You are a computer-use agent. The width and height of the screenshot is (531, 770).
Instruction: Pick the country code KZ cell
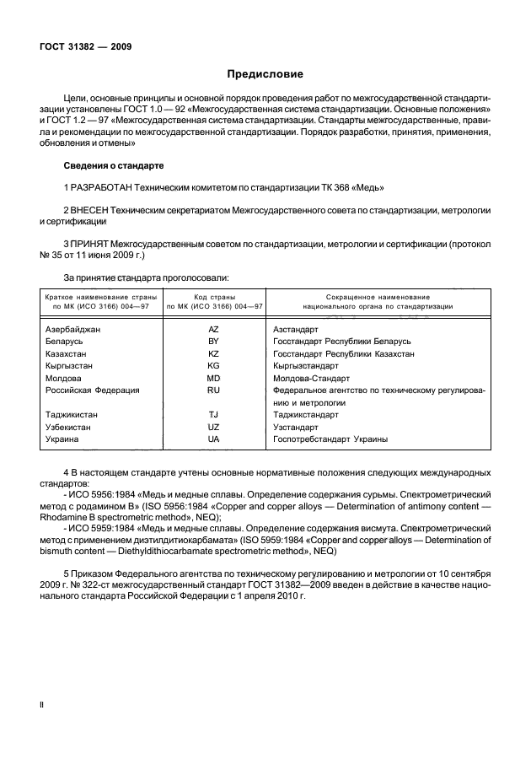(214, 354)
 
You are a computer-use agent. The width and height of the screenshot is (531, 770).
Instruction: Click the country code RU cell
(214, 390)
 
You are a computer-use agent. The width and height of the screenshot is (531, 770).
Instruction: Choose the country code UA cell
(214, 439)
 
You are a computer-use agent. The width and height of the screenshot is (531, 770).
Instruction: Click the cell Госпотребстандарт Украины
(330, 439)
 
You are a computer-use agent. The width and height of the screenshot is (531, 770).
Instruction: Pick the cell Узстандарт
(296, 428)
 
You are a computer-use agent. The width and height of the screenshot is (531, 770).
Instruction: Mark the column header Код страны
(214, 298)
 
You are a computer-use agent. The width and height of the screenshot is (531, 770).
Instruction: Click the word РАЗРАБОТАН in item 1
(104, 186)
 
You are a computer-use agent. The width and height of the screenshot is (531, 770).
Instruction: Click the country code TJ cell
(214, 415)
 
